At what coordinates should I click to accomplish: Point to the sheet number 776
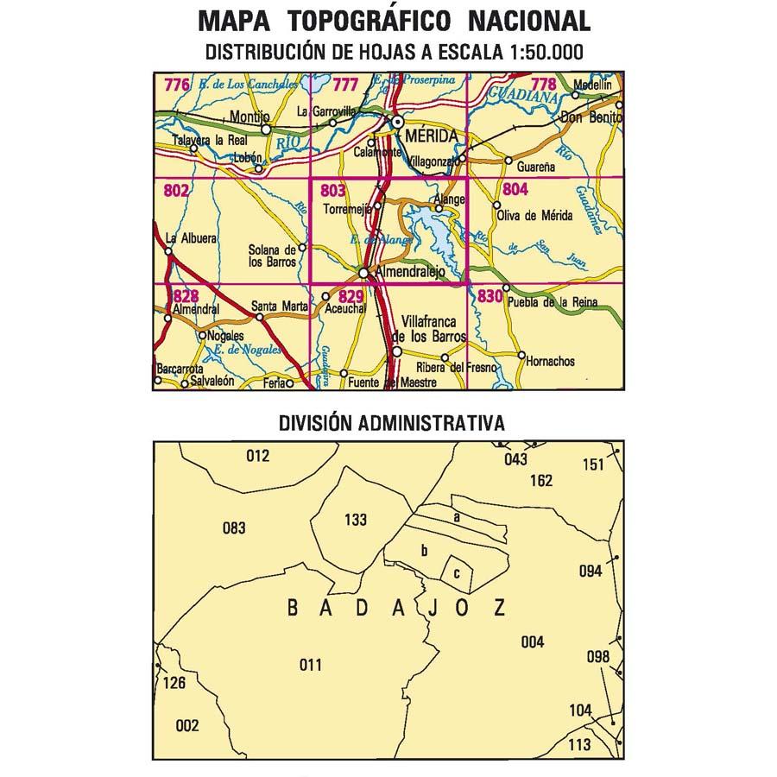tap(176, 85)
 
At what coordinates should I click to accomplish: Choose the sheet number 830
tap(490, 297)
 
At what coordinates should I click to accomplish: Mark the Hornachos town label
tap(549, 362)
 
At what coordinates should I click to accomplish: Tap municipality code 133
tap(355, 520)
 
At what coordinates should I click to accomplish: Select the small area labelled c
tap(457, 572)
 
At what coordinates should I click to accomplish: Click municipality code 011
tap(309, 664)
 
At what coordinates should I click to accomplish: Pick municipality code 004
tap(533, 641)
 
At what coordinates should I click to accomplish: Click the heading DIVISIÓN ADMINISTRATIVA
tap(391, 423)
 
